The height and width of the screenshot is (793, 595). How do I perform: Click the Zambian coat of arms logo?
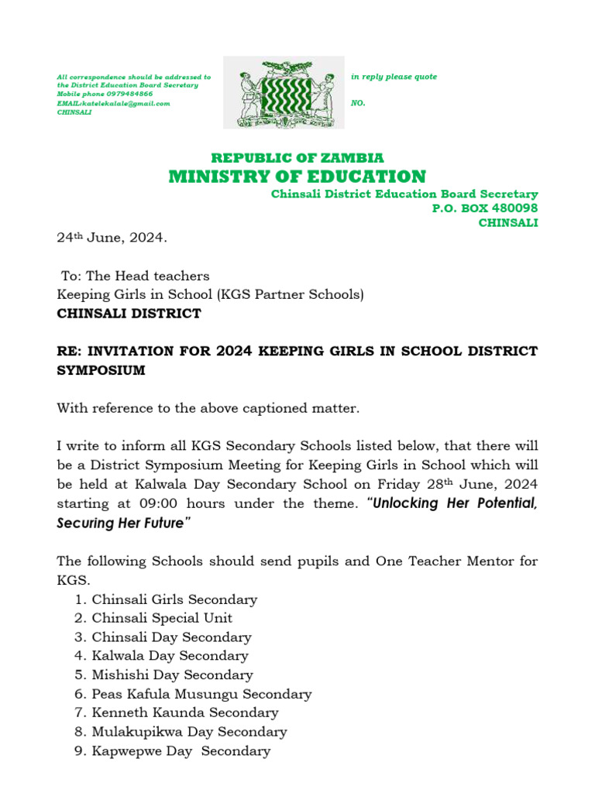[284, 92]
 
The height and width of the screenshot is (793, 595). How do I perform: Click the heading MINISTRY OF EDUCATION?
[297, 177]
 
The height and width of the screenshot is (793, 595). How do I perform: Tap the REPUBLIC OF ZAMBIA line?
[297, 158]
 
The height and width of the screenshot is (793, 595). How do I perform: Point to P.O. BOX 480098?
[484, 208]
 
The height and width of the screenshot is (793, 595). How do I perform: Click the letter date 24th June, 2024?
[112, 238]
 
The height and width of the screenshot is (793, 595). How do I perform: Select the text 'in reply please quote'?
[394, 77]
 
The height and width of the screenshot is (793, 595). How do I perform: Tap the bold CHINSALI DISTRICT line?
[129, 314]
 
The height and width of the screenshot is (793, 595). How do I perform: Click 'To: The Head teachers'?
[135, 276]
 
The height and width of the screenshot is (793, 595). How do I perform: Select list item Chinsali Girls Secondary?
[174, 599]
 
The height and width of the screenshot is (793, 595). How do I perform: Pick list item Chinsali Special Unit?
[162, 618]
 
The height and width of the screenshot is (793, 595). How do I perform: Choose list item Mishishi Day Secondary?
[172, 675]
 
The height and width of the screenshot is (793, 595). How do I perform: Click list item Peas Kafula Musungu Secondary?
[201, 694]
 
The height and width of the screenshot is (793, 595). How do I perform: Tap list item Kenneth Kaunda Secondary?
[184, 712]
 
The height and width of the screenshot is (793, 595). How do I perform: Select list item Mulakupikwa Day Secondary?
[189, 732]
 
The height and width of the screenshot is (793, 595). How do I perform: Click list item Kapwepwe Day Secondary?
[181, 750]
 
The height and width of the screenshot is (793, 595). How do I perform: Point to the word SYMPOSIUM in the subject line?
[101, 370]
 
